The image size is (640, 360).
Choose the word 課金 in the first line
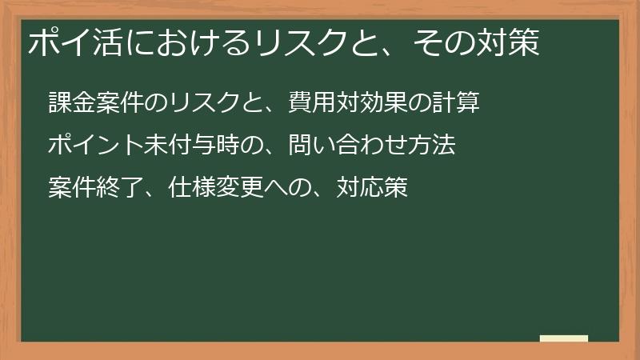(71, 103)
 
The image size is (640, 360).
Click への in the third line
(288, 188)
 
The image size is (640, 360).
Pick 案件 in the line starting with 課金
(119, 103)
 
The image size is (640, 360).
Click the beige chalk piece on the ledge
(563, 338)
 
